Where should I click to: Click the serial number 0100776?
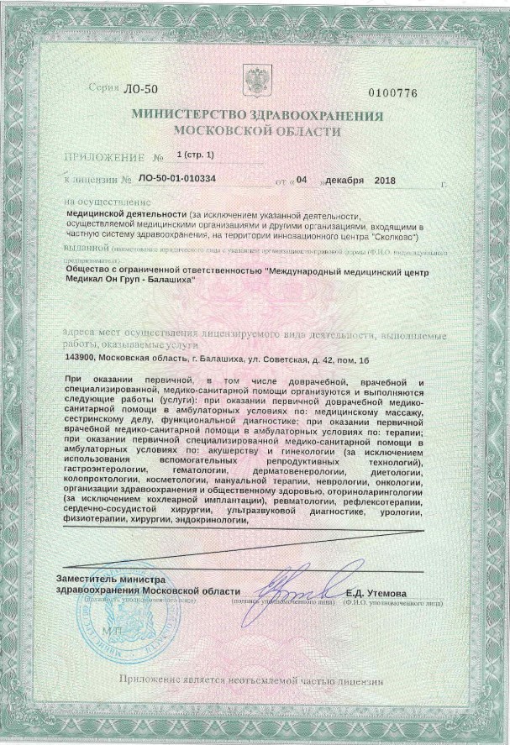point(393,93)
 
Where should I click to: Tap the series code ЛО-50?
point(134,88)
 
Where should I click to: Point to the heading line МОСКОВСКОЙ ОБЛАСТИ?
point(256,132)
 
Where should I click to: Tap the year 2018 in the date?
point(384,180)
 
